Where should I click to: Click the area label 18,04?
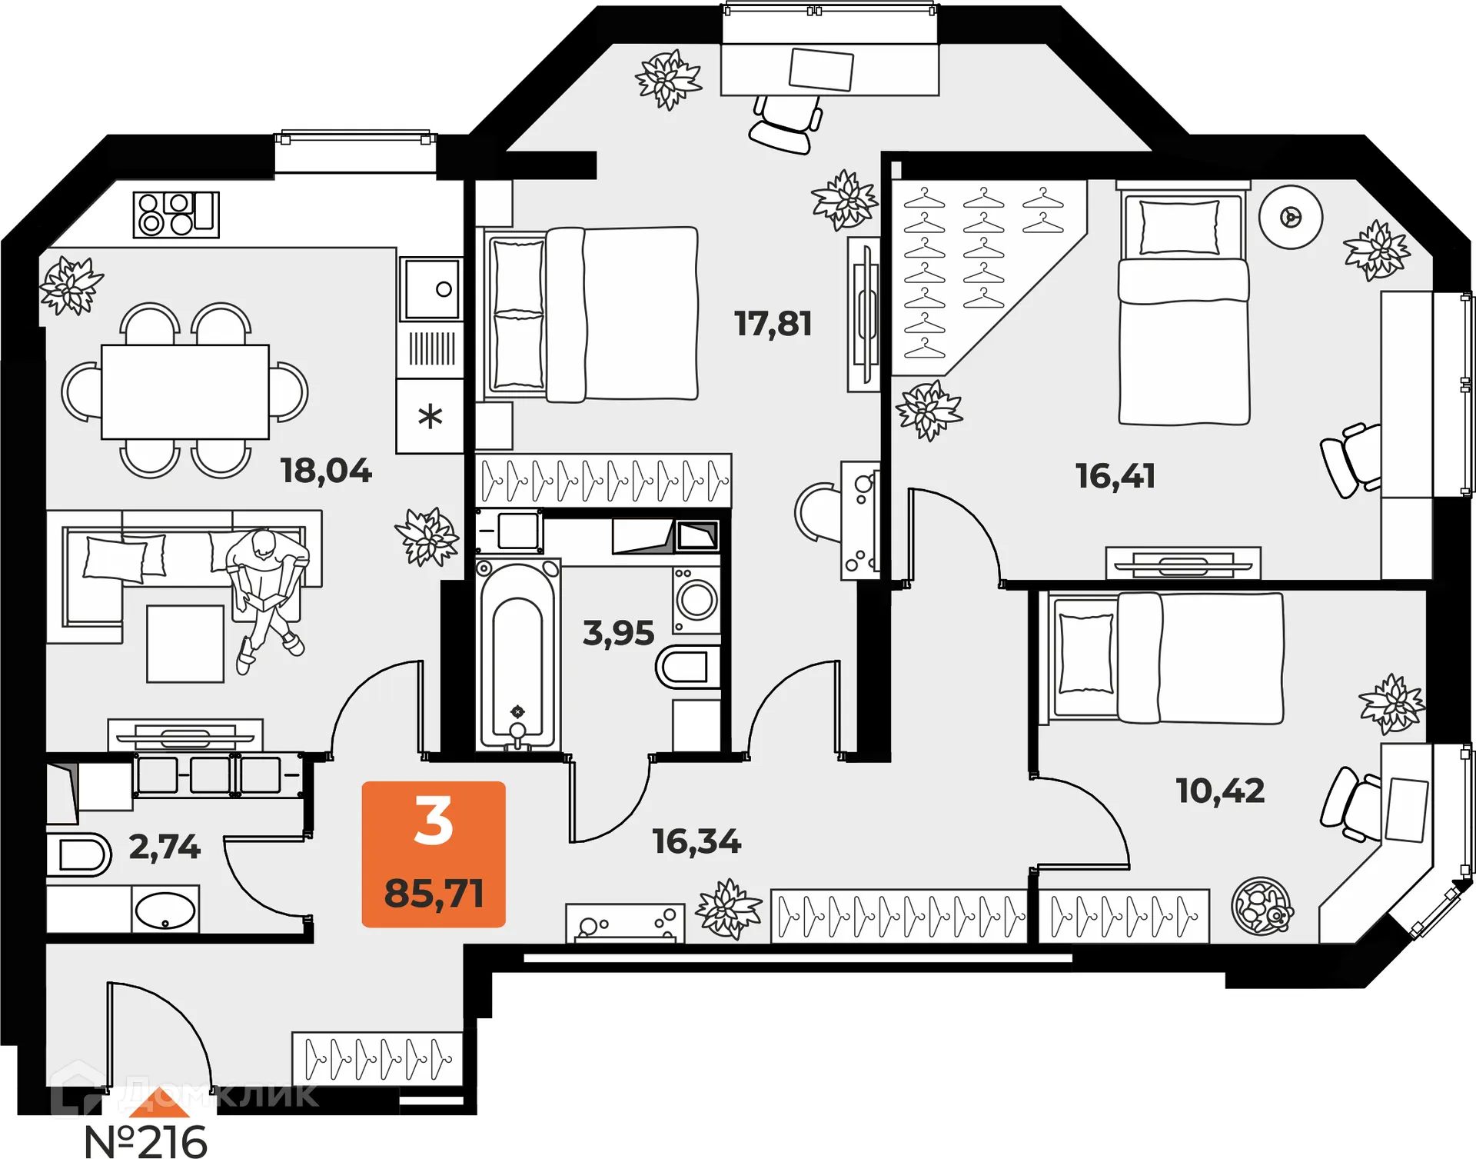[326, 471]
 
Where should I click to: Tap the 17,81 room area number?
[773, 324]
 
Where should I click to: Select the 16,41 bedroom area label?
[1115, 476]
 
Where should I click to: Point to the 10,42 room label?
[1220, 791]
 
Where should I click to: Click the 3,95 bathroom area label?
[618, 633]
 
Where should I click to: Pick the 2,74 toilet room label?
[165, 847]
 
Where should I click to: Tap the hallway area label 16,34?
[696, 841]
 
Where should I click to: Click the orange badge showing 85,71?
[434, 854]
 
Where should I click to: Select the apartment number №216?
[145, 1141]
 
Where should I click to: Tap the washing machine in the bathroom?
[696, 600]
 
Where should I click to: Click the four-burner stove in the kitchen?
[176, 215]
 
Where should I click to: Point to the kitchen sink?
[432, 289]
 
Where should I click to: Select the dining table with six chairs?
[184, 391]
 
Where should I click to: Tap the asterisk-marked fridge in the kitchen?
[430, 417]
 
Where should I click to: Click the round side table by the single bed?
[1290, 218]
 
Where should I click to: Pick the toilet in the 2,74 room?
[78, 854]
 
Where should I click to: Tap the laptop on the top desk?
[821, 69]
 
